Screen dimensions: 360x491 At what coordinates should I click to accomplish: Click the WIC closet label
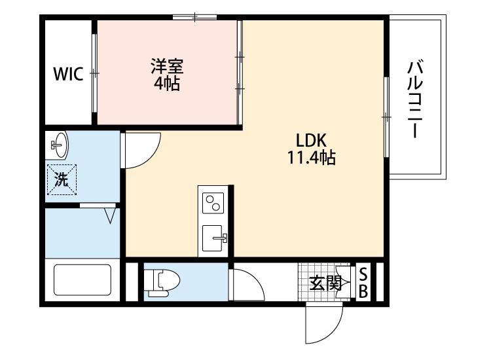point(68,74)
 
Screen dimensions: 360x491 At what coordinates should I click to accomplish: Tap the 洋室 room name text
point(167,67)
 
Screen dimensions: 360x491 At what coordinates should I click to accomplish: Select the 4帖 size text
point(167,84)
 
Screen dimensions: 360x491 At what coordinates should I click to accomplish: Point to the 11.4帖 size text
point(310,158)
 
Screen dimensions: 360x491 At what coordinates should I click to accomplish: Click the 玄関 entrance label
point(325,283)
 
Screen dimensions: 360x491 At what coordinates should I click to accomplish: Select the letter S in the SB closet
point(363,274)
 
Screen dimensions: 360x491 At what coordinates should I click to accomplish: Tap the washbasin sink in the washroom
point(58,145)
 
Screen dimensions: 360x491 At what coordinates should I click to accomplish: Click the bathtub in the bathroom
point(81,280)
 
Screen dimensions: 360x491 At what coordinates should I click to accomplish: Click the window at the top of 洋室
point(194,17)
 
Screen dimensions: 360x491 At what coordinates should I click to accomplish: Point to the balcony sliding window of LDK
point(387,117)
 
